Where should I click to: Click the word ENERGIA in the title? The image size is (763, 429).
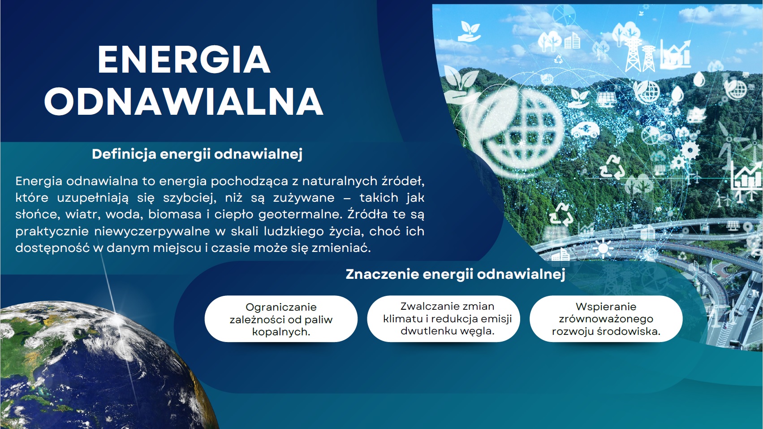point(184,60)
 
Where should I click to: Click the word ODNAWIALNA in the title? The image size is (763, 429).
point(184,102)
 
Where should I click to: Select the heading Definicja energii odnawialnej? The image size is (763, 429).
point(197,154)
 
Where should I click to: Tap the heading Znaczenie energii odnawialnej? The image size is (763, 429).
point(455,274)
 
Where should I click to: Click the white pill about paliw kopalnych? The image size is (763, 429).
point(281,319)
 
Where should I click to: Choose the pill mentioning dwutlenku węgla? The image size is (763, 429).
point(444,319)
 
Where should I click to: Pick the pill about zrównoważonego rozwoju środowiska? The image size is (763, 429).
point(606,319)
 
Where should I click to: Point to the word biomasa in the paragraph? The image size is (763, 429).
point(175,215)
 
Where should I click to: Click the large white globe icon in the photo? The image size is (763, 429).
point(514,131)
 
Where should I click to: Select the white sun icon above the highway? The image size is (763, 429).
point(603,248)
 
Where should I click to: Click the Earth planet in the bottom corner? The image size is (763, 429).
point(102,364)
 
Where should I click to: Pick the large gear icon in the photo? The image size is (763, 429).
point(690,150)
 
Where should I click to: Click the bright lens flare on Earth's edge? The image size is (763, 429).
point(117,320)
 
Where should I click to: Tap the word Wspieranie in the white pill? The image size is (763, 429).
point(606,307)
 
